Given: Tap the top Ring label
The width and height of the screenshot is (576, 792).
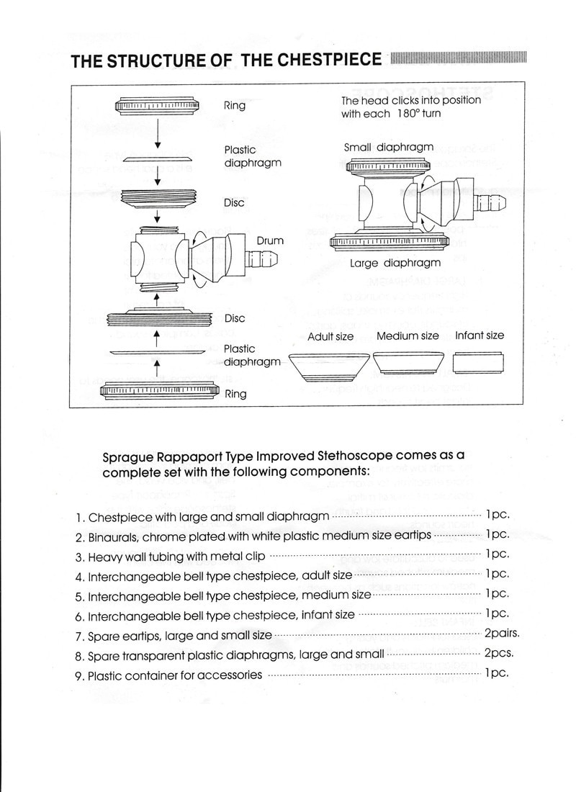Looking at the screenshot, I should [234, 106].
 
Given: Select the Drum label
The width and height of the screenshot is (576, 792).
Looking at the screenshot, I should [269, 240].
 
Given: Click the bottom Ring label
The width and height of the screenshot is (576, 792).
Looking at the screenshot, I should [235, 394].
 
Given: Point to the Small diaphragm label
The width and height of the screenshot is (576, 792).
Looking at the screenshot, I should [389, 148].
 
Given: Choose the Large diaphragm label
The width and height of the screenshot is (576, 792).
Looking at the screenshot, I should [395, 264].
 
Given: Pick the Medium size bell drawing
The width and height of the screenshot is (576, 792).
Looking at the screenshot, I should [407, 362].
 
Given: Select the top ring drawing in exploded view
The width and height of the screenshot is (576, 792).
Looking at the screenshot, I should [158, 107].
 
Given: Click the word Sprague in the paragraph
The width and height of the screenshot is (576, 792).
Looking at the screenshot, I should [128, 456].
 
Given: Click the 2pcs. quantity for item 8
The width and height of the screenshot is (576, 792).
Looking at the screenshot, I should [498, 654].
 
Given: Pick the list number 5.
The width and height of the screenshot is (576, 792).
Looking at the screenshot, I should [80, 597].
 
